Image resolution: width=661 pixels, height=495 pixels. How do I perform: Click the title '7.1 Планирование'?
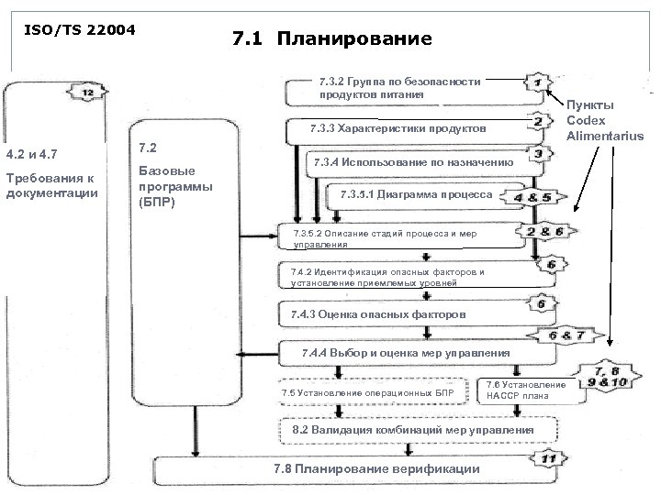331,39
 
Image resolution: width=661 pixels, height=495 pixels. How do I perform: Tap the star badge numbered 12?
87,93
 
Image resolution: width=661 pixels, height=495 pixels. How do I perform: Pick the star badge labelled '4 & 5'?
533,197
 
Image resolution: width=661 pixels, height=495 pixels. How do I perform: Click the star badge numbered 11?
549,458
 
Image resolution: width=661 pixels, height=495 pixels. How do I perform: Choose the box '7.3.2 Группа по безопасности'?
404,88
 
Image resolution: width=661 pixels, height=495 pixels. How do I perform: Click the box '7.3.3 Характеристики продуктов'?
404,127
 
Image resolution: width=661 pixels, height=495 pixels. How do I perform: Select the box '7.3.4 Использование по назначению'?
413,162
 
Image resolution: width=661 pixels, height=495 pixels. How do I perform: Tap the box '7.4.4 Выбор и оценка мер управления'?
404,353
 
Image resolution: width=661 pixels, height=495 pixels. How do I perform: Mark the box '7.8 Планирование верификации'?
376,469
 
